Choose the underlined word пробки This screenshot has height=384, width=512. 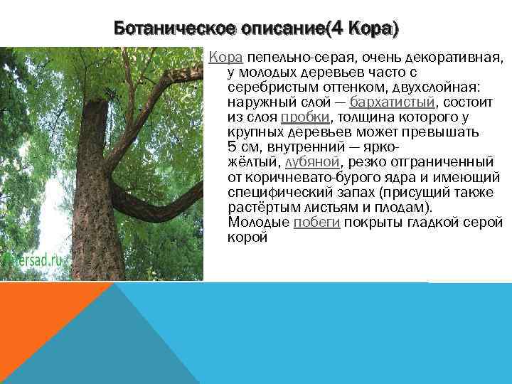[x=305, y=117]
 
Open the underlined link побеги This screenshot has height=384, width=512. [x=316, y=222]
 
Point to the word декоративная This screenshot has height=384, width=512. [x=455, y=56]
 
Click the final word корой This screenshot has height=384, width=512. [x=247, y=237]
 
